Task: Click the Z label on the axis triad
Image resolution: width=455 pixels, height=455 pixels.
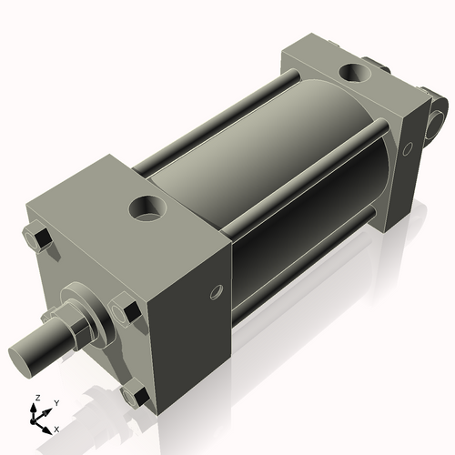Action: (36, 399)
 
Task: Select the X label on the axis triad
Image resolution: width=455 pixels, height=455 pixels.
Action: (57, 428)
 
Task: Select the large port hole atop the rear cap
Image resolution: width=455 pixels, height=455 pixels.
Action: (352, 73)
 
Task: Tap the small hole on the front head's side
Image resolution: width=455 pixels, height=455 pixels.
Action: (216, 292)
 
